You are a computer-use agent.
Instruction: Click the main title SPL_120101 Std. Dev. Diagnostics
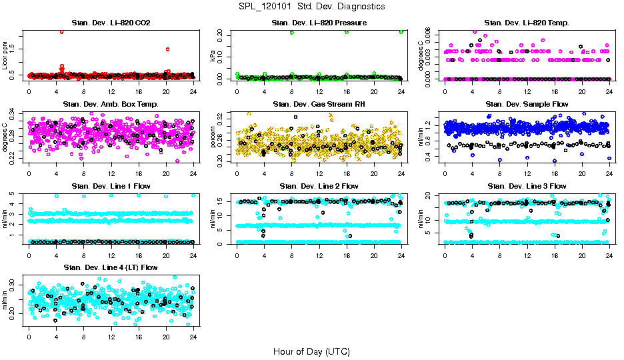(x=311, y=6)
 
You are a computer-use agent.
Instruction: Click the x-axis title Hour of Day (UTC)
(x=311, y=351)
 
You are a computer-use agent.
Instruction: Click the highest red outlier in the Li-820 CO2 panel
(x=62, y=31)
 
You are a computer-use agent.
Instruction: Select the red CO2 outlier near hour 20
(x=167, y=49)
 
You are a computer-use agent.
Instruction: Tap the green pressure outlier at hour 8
(x=292, y=32)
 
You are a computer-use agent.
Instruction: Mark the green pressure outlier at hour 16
(x=347, y=32)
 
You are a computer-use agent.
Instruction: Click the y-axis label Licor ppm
(x=6, y=55)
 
